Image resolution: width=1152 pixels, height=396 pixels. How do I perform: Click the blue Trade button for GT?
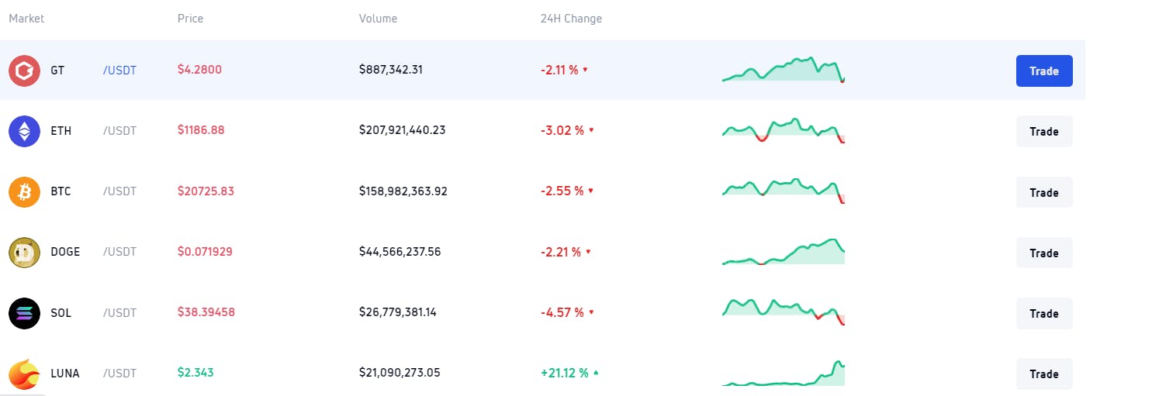click(1043, 71)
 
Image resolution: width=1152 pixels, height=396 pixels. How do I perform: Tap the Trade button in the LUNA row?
click(1043, 374)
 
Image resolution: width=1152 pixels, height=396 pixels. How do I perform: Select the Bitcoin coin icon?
click(24, 191)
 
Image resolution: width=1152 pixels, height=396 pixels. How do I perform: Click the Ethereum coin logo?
click(24, 131)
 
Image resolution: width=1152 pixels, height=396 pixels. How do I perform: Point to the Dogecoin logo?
click(24, 253)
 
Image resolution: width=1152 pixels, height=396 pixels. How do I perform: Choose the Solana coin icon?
click(24, 313)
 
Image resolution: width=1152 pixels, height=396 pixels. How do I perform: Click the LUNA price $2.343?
click(195, 373)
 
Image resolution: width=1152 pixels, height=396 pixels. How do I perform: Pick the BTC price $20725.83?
click(206, 191)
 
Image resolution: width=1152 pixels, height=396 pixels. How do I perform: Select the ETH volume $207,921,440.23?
click(402, 130)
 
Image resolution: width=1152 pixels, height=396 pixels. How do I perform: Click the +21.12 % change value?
click(564, 373)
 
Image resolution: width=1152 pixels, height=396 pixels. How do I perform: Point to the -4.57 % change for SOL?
click(562, 312)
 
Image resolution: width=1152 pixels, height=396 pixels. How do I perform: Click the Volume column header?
click(378, 19)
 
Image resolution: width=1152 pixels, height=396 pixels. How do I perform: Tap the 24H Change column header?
click(571, 19)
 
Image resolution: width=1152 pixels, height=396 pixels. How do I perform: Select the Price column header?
click(190, 19)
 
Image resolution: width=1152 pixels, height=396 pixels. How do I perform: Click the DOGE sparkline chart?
click(783, 253)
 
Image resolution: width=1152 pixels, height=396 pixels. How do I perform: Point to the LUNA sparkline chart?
click(783, 374)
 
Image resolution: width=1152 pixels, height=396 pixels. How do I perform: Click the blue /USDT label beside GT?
click(119, 71)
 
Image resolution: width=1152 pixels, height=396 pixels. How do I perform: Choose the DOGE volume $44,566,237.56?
click(400, 252)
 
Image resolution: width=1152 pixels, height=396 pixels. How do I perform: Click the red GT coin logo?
click(24, 71)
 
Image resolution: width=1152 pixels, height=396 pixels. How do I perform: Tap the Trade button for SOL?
click(1043, 313)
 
